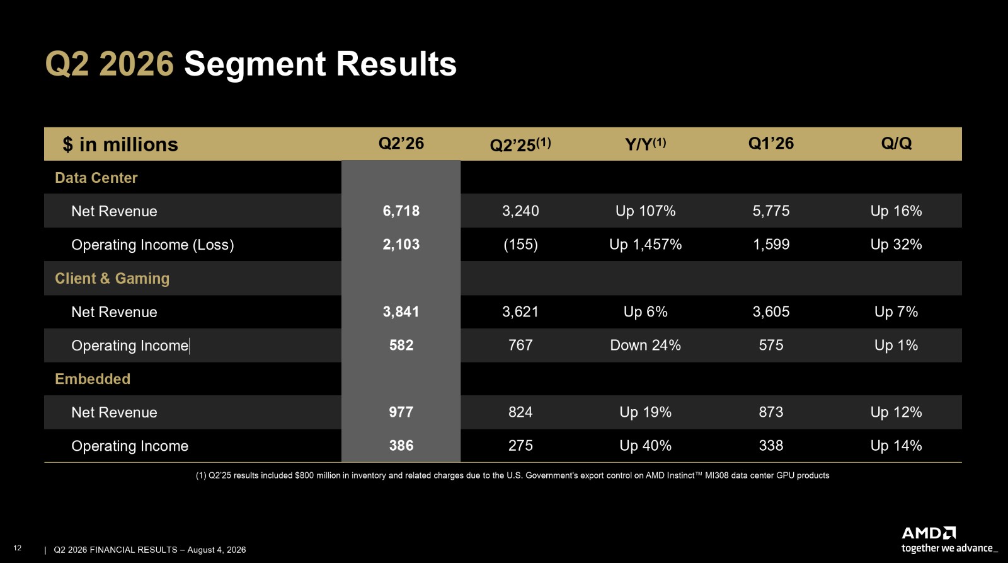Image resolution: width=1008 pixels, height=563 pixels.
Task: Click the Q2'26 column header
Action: point(401,143)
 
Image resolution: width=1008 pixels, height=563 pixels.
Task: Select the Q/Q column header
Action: point(896,143)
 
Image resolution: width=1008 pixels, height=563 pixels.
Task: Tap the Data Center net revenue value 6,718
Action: point(401,211)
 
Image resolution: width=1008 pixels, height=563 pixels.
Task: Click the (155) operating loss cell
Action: point(520,244)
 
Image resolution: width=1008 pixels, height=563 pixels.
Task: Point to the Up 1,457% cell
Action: point(645,244)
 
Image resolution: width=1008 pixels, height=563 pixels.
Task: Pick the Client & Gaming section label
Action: point(112,278)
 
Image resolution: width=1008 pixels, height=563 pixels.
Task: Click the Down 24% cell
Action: point(645,345)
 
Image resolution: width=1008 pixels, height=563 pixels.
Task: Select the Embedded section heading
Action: point(93,379)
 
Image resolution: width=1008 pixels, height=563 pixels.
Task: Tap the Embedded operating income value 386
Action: point(401,446)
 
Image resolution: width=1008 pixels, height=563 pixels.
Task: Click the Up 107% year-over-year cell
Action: point(645,211)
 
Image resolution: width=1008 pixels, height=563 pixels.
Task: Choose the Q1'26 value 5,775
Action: point(771,211)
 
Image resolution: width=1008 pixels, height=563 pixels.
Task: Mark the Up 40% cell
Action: point(645,446)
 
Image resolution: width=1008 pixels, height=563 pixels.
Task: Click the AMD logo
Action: point(929,533)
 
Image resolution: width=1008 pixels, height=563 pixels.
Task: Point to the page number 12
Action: point(18,548)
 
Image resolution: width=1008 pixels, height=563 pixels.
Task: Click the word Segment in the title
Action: point(255,64)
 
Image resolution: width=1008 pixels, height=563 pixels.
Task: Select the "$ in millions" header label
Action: point(120,144)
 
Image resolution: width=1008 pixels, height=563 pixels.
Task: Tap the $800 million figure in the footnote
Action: point(318,475)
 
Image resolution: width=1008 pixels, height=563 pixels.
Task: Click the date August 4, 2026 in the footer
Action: point(217,550)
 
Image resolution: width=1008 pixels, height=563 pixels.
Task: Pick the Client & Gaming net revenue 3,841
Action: point(401,311)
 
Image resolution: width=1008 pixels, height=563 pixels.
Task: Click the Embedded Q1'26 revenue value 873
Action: point(771,412)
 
